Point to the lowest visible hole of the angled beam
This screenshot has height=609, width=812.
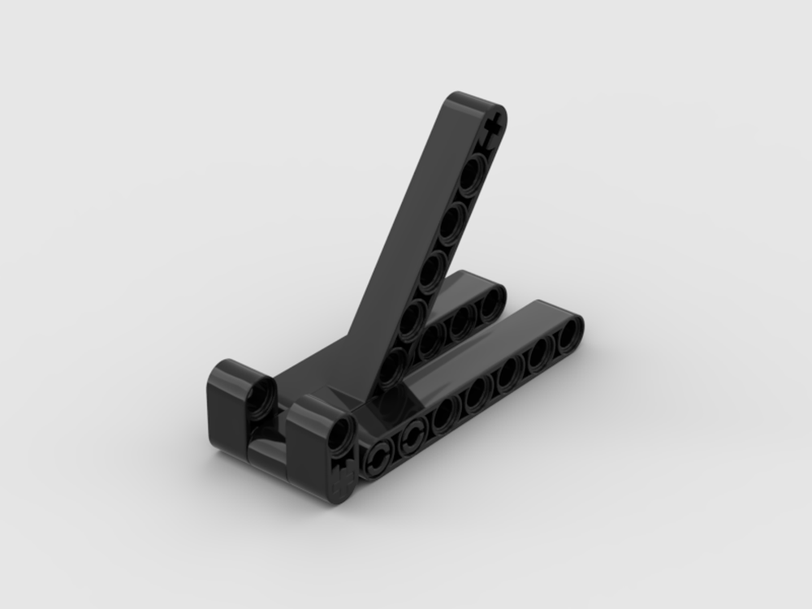coord(393,365)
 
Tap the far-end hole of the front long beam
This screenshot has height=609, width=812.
coord(570,330)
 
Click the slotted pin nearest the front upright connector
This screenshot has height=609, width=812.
coord(378,461)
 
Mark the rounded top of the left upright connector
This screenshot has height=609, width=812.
coord(235,370)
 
